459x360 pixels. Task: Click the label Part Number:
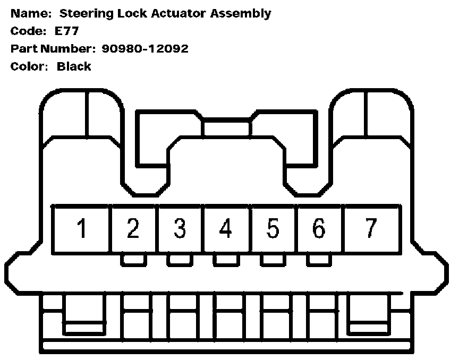pos(50,49)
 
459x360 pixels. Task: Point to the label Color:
pos(30,67)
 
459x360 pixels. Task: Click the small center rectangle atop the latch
pos(227,127)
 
